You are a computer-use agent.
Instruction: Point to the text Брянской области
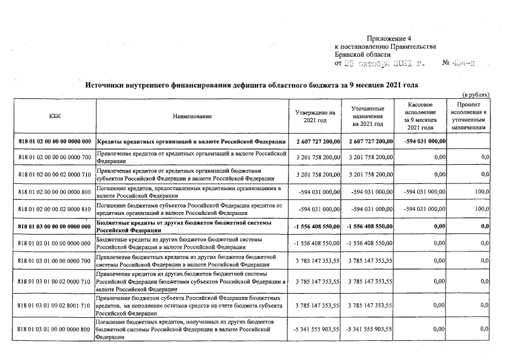[362, 55]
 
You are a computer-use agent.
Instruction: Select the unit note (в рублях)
[475, 94]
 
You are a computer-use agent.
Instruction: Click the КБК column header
[55, 116]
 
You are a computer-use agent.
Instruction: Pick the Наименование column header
[192, 116]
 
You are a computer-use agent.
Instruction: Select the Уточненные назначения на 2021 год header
[367, 116]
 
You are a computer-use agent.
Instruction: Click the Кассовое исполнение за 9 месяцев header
[421, 116]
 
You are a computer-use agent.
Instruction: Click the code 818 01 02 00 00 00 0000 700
[55, 157]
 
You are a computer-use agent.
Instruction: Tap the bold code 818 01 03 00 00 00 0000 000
[55, 226]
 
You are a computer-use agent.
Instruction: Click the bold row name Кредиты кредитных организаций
[192, 141]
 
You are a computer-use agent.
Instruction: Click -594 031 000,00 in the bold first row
[421, 141]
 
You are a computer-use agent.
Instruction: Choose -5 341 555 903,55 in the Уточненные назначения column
[367, 328]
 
